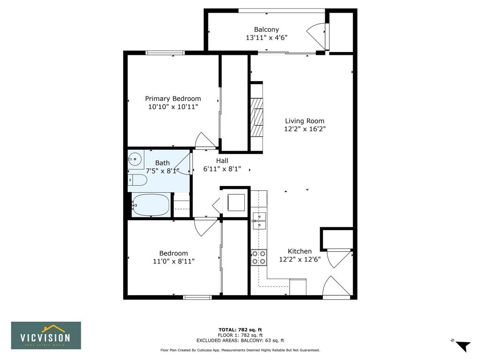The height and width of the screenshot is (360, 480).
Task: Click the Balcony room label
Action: point(266,30)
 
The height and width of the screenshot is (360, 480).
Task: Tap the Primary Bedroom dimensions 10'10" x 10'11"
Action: point(173,107)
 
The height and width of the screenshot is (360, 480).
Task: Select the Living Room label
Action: point(305,121)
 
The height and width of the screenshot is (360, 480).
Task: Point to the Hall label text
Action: point(222,161)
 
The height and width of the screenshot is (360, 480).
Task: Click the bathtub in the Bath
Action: point(150,205)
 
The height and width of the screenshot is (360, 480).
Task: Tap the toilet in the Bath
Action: point(137,180)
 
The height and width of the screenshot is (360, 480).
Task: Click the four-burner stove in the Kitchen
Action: point(259,257)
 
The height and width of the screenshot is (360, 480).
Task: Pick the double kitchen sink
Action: point(259,221)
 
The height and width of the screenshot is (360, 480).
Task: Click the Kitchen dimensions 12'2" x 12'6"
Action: point(300,260)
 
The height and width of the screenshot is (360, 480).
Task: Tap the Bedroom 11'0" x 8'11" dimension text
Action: point(173,262)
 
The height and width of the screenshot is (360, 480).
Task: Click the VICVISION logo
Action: point(46,335)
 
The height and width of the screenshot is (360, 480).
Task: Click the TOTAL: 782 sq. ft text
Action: point(240,330)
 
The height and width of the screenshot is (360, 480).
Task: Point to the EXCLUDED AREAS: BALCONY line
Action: point(240,340)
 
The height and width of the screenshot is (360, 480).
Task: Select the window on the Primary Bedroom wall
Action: point(165,52)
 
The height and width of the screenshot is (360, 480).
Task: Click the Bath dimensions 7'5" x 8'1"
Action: point(162,171)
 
